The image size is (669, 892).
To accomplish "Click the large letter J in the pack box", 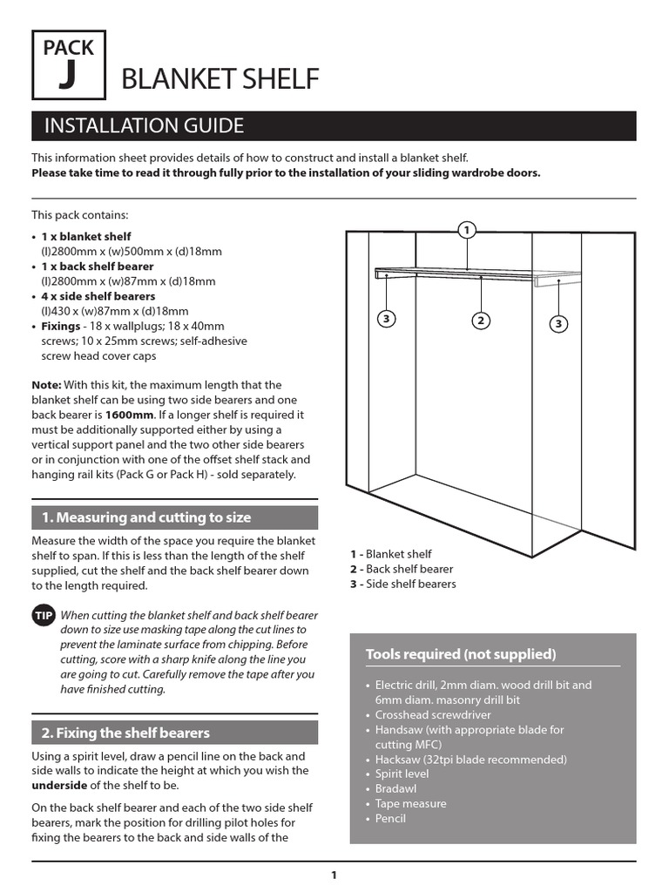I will click(x=67, y=77).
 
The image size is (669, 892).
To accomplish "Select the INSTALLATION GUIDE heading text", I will click(x=145, y=126).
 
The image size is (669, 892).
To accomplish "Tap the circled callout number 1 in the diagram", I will click(x=467, y=230).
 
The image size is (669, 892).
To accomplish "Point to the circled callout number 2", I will click(x=480, y=321).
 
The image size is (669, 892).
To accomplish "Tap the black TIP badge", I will click(x=44, y=616).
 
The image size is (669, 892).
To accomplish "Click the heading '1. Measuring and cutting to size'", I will click(x=146, y=517).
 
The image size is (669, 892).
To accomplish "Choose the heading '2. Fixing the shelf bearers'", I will click(x=126, y=733).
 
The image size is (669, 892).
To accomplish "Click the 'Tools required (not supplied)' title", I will click(x=461, y=654).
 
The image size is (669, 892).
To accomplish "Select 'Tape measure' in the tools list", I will click(x=410, y=803).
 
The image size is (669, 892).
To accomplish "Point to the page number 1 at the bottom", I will click(x=334, y=875).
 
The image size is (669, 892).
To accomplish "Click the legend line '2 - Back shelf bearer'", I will click(x=402, y=569).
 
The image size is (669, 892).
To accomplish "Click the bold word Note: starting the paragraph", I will click(x=47, y=384).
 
